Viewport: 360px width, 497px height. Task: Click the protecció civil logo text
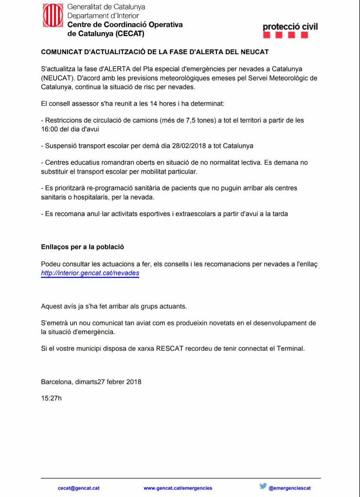click(290, 27)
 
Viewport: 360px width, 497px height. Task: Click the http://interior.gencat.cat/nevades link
click(90, 273)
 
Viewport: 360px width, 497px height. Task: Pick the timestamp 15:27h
click(51, 398)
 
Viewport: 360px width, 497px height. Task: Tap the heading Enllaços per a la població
click(82, 247)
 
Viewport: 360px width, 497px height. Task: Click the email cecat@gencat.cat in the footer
click(79, 488)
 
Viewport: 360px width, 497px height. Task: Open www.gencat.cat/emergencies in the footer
click(178, 488)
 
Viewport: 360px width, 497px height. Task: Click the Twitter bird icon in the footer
click(263, 487)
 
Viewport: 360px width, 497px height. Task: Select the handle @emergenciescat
click(290, 488)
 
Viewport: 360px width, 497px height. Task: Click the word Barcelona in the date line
click(56, 382)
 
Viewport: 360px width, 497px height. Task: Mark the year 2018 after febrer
click(134, 382)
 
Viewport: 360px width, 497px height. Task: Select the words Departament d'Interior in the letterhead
click(103, 15)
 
